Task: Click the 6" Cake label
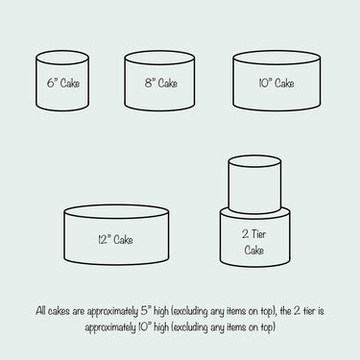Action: point(63,84)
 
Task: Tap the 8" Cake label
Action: point(161,84)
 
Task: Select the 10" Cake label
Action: point(276,84)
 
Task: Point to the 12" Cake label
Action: point(115,239)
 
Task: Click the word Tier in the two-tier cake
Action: point(258,234)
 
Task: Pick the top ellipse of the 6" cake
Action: point(62,65)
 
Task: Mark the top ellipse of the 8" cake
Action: point(159,65)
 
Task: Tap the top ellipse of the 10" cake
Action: point(276,65)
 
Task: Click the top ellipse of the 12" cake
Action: point(116,218)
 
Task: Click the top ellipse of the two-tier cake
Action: point(255,167)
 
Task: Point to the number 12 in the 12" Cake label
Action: point(102,240)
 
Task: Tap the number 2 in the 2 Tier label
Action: point(245,234)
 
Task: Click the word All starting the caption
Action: point(40,311)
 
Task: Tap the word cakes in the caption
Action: point(59,311)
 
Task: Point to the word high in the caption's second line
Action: point(161,327)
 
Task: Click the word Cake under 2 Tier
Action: point(254,250)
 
